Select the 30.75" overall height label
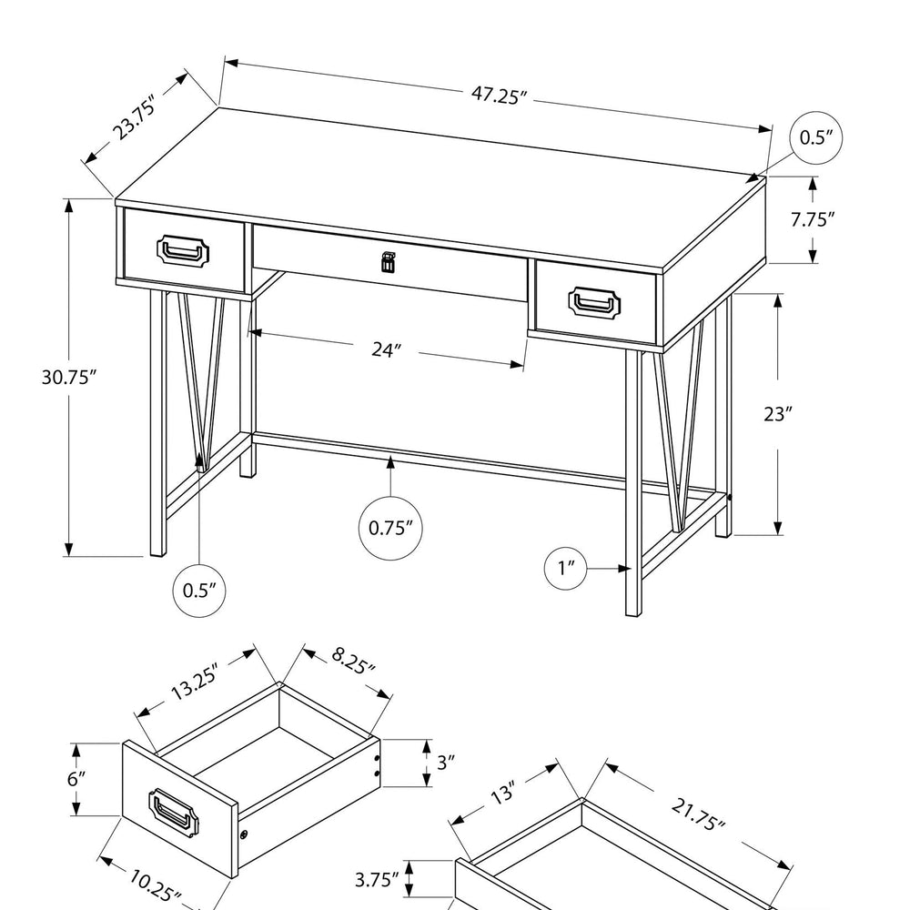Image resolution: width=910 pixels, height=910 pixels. (68, 378)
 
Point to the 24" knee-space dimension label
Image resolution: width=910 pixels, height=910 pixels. (387, 350)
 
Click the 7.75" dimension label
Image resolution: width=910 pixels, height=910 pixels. (813, 219)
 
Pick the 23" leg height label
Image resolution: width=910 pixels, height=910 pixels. (778, 414)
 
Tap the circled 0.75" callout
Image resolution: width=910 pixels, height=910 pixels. (390, 528)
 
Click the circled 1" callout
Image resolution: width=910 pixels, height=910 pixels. (566, 568)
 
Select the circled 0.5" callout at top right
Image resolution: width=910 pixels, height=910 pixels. (816, 137)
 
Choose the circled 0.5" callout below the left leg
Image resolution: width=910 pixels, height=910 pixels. (199, 591)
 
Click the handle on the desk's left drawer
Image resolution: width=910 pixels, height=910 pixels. (183, 251)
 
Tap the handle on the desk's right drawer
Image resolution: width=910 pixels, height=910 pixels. (593, 302)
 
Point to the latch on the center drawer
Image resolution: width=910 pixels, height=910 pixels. (387, 262)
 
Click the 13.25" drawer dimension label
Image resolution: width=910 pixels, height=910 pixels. (195, 682)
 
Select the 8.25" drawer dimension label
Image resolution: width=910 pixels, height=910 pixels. (353, 661)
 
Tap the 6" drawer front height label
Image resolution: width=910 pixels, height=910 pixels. (76, 778)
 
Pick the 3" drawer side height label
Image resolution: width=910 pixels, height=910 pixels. (445, 762)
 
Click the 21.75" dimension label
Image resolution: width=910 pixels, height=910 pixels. (698, 814)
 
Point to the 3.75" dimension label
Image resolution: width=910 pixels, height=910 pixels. (377, 880)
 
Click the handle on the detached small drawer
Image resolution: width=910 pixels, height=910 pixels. (173, 813)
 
